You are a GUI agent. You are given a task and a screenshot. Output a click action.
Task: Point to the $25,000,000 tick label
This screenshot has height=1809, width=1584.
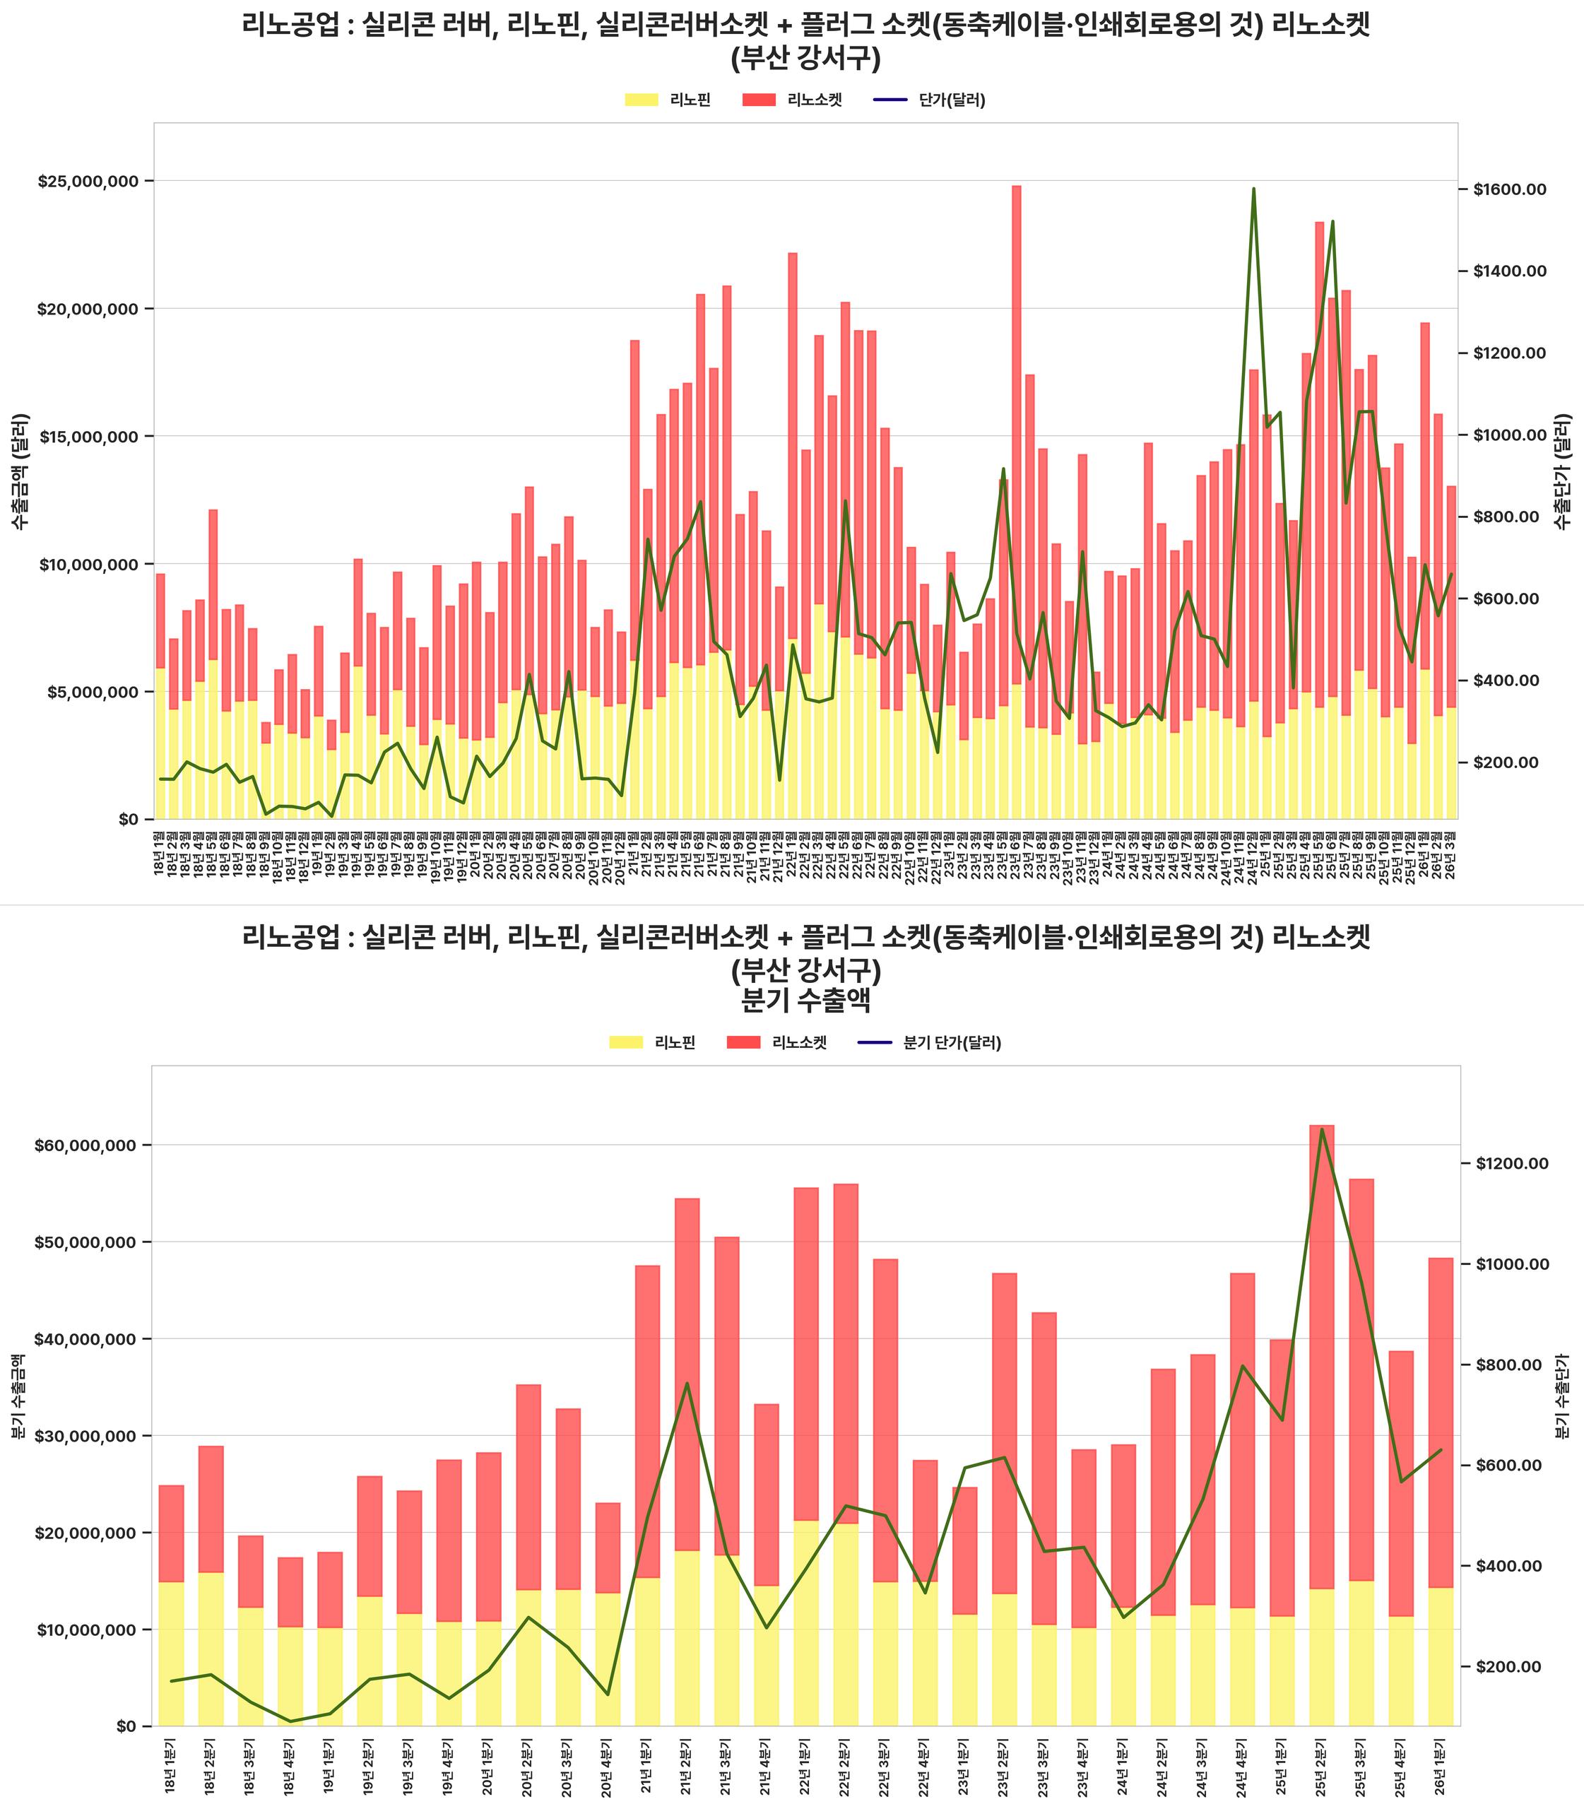pyautogui.click(x=88, y=182)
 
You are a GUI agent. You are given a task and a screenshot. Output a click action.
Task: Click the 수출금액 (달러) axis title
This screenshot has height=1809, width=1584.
pyautogui.click(x=20, y=471)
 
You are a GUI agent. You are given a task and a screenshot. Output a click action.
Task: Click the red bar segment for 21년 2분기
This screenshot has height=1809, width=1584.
pyautogui.click(x=687, y=1370)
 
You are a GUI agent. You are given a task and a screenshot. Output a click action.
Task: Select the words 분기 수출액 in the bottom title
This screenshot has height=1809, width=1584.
pyautogui.click(x=805, y=1001)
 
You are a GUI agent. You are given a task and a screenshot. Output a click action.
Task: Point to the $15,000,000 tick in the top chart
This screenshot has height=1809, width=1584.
pyautogui.click(x=88, y=436)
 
